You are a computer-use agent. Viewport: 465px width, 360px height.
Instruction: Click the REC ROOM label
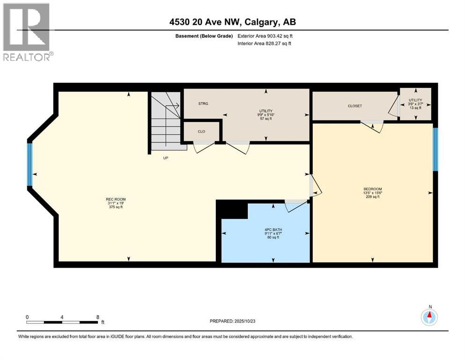coord(116,199)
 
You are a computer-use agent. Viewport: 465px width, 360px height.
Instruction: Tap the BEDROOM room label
coord(373,189)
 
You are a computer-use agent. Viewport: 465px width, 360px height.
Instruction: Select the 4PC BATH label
coord(273,229)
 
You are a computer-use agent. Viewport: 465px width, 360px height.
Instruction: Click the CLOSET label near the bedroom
coord(354,106)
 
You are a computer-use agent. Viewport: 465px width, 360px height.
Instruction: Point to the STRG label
coord(203,104)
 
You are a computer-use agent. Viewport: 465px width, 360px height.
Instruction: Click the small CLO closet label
coord(201,131)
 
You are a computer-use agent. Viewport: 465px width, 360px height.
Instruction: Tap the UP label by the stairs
coord(165,158)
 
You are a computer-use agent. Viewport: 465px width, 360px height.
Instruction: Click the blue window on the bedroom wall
coord(435,149)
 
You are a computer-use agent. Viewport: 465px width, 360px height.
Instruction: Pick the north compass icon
coord(429,317)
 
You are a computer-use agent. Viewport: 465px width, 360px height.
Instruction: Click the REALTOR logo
coord(27,32)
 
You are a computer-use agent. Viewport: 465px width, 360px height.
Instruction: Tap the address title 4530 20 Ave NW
coord(232,22)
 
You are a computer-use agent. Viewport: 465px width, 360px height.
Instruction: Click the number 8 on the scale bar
coord(97,316)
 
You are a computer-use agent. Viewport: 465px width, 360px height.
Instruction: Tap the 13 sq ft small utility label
coord(415,108)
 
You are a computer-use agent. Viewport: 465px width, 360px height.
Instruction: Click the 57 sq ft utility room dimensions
coord(266,119)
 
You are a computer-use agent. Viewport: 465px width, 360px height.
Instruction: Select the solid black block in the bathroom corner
coord(233,210)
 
